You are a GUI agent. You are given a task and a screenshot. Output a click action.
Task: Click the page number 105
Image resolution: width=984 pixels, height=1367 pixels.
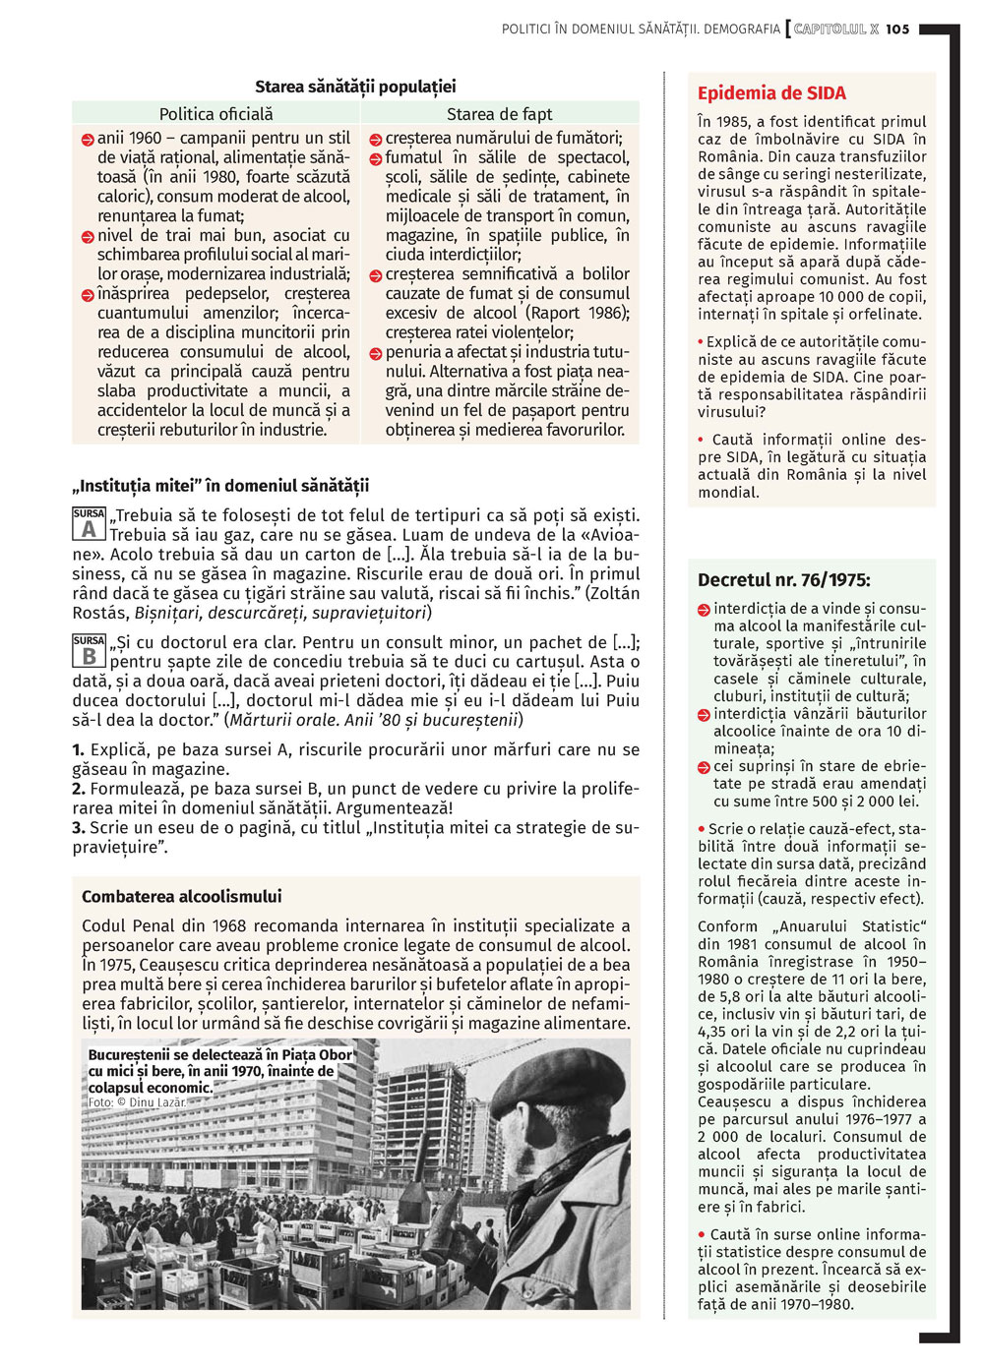pos(897,30)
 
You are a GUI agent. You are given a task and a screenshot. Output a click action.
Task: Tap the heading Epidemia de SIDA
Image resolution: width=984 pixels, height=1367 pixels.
pos(771,93)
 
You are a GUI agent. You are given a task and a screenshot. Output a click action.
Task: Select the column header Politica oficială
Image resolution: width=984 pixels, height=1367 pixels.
pos(216,114)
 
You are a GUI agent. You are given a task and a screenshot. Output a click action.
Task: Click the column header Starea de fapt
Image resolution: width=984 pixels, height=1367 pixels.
pos(500,114)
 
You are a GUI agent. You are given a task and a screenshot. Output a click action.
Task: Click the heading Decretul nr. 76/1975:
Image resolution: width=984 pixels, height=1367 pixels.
pos(783,580)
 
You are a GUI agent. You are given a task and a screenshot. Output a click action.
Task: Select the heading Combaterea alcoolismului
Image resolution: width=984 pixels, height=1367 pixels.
pos(181,896)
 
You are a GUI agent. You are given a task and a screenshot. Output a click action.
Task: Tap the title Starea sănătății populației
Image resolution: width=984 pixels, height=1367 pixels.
pos(355,87)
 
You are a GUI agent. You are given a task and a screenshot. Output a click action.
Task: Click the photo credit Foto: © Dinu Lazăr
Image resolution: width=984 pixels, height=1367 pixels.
pos(137,1102)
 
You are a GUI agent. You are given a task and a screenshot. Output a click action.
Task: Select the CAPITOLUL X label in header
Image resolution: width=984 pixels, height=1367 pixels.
pos(835,30)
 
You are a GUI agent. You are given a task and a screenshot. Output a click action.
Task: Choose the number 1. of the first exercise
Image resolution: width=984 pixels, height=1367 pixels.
pos(78,750)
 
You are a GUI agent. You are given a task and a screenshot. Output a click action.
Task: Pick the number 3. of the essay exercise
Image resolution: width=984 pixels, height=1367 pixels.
pos(78,828)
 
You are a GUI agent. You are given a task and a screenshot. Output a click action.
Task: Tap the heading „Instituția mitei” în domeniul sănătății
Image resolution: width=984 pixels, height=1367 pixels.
pos(220,486)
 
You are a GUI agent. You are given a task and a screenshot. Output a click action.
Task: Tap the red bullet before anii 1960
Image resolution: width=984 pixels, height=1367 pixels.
pos(88,140)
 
